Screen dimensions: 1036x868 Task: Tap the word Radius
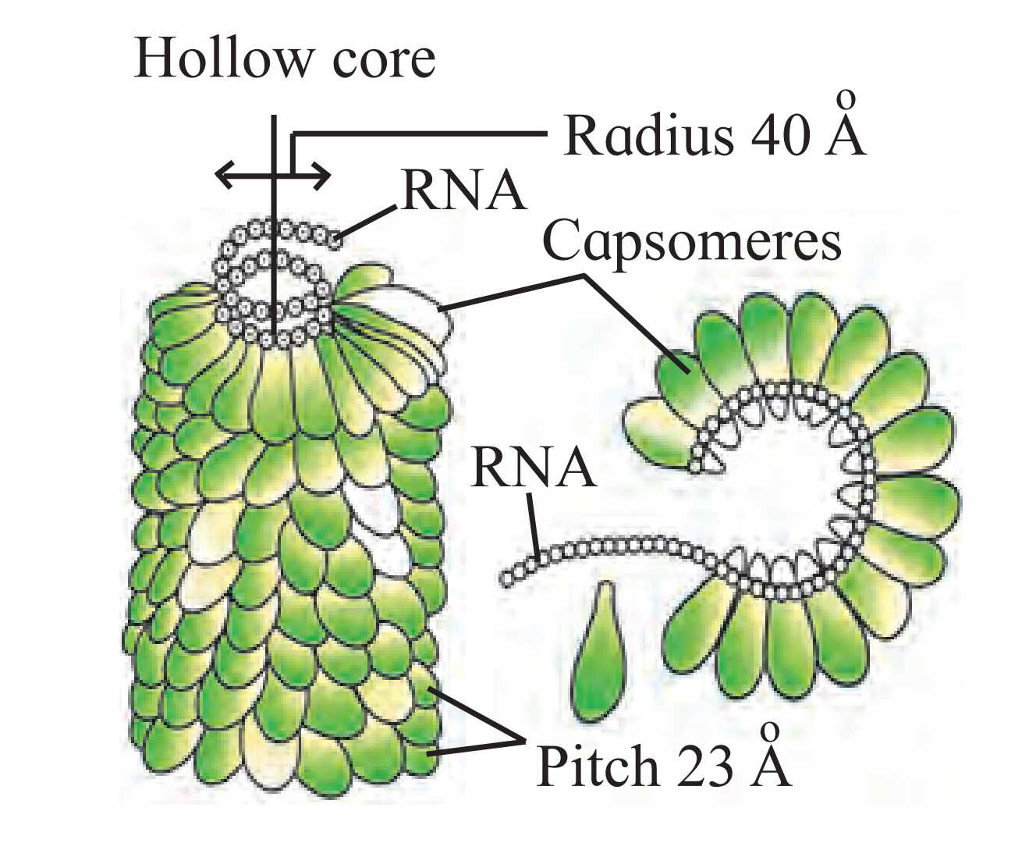click(647, 135)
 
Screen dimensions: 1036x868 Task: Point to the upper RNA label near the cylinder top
click(464, 192)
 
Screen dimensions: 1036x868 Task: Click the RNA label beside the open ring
click(534, 468)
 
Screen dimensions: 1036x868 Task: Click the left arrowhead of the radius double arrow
click(224, 175)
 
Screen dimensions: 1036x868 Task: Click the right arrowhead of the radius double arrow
click(321, 175)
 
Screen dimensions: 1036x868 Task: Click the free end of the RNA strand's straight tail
click(507, 578)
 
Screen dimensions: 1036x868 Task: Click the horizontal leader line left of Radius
click(420, 133)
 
